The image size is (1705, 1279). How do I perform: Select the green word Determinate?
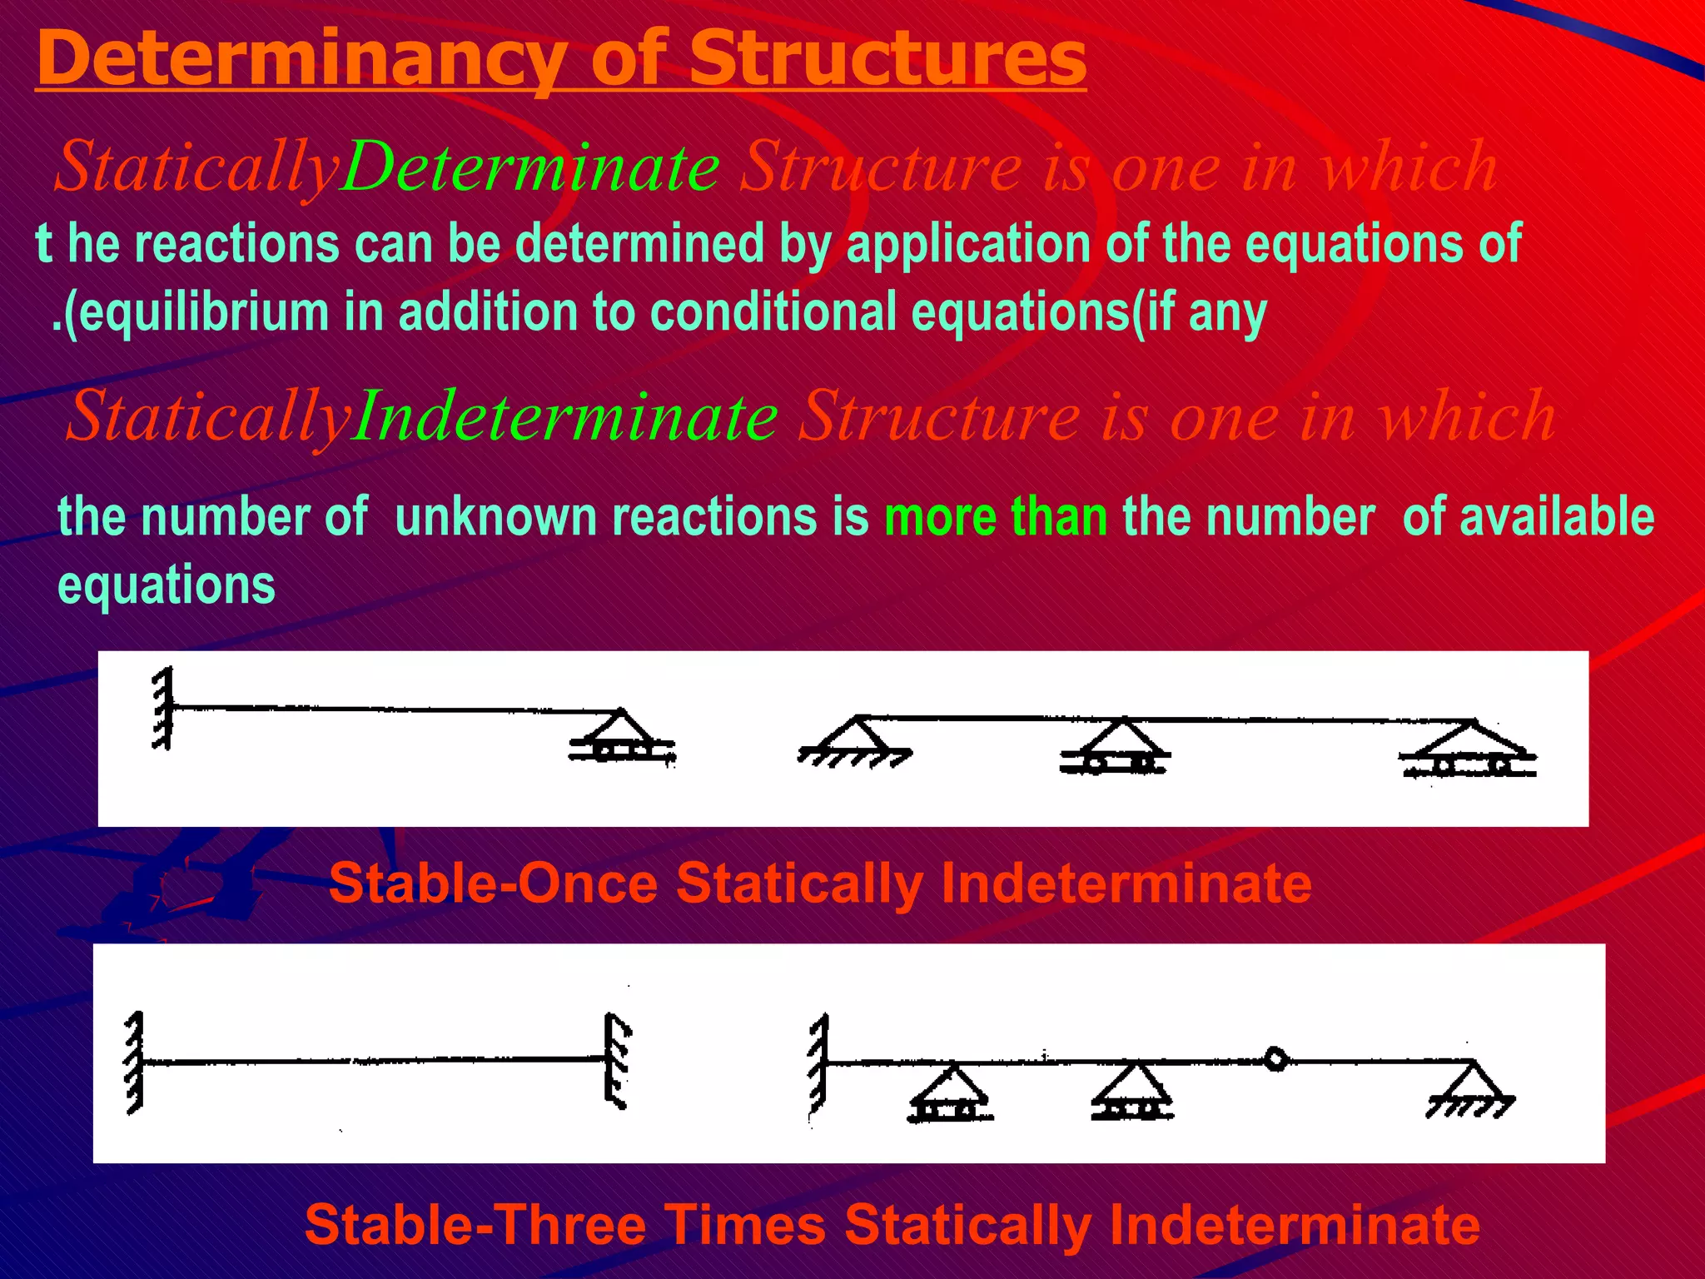(x=531, y=167)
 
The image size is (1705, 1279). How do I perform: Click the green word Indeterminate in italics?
(x=566, y=416)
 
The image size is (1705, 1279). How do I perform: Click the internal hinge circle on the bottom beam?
(x=1275, y=1060)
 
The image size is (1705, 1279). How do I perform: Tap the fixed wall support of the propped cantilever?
(x=163, y=708)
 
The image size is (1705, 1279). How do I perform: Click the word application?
(x=967, y=243)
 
